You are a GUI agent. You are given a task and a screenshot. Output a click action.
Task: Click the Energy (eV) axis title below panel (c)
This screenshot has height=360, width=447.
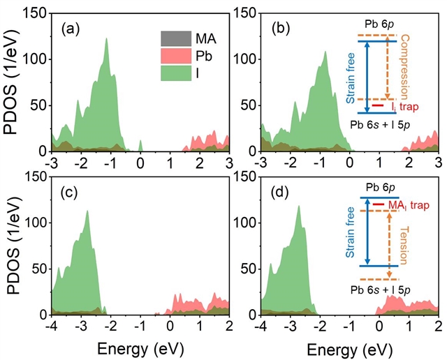click(140, 347)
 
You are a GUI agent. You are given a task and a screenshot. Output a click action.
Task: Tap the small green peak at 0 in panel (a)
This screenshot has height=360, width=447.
click(140, 144)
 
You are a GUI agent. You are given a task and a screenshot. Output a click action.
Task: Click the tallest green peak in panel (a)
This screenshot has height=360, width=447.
click(107, 39)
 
